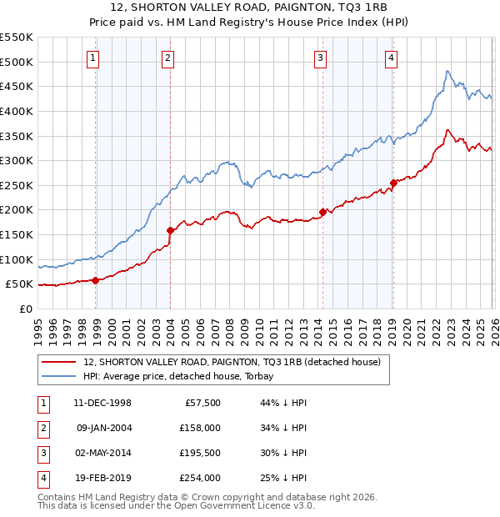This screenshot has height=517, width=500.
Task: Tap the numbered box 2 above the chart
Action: coord(167,58)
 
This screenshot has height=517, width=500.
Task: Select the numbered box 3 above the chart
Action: coord(320,58)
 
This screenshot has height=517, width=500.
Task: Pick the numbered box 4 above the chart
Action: coord(391,58)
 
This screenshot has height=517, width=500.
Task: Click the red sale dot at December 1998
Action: coord(96,280)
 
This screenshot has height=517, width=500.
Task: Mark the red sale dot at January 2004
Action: coord(170,230)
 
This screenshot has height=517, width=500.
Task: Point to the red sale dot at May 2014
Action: coord(322,212)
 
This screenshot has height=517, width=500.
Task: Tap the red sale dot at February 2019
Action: coord(393,183)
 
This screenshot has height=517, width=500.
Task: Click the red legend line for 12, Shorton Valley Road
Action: coord(59,362)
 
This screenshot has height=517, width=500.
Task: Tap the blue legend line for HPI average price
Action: coord(59,376)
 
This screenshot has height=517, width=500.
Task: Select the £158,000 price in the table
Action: coord(200,429)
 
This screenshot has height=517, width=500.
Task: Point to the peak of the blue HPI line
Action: coord(447,71)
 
